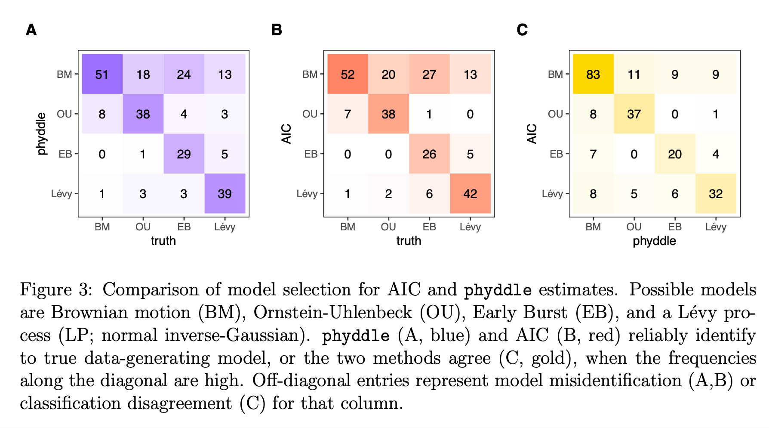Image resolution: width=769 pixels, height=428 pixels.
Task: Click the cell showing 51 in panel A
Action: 102,74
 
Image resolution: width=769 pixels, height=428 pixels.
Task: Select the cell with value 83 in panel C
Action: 593,74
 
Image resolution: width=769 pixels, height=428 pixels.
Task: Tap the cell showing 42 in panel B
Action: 470,194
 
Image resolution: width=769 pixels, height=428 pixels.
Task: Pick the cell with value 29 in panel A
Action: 184,154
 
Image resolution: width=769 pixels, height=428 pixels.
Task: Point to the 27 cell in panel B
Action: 429,74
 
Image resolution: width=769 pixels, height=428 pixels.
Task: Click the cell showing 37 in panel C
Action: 634,114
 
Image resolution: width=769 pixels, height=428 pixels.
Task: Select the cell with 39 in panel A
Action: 225,194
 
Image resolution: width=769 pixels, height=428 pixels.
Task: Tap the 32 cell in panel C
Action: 715,194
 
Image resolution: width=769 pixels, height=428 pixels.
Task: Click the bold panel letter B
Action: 277,30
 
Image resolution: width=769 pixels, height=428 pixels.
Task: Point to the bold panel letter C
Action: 522,30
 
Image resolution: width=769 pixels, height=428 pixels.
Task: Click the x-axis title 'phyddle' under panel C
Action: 654,241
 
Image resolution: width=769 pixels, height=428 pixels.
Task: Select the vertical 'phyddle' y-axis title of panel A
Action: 41,133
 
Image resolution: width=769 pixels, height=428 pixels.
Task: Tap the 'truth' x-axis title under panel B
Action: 409,241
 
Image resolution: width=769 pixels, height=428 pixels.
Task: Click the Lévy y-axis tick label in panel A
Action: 62,194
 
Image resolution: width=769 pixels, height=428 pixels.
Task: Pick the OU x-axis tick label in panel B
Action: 388,227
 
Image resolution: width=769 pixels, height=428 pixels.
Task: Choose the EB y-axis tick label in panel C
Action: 556,154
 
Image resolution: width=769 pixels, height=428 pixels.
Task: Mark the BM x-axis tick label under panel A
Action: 102,227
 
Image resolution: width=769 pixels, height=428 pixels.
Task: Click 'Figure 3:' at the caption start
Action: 56,289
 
